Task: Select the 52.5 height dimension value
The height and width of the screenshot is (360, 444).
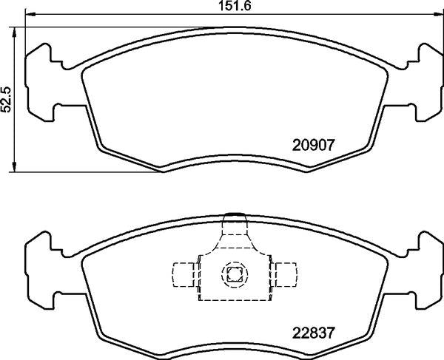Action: (7, 98)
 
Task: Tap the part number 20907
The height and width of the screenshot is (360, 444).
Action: (316, 146)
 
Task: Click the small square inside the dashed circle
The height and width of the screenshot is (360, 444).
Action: (233, 275)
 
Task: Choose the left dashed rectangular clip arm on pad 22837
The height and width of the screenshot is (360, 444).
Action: (181, 274)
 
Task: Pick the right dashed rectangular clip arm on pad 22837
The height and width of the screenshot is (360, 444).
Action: (284, 274)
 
